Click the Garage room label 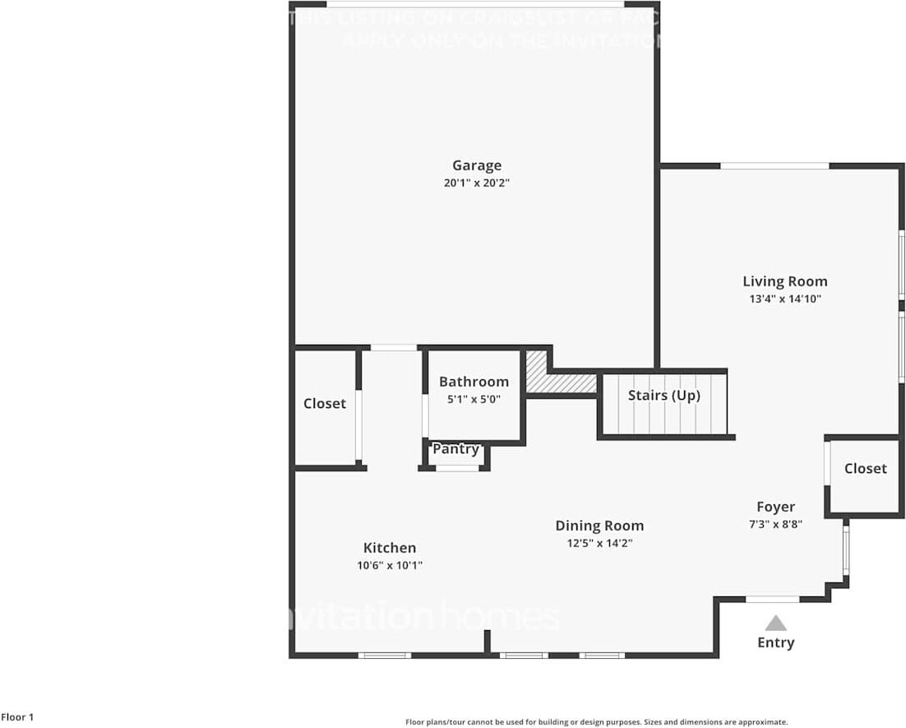tap(477, 166)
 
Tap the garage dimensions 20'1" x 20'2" tap(477, 183)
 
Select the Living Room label tap(785, 281)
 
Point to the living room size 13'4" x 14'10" tap(785, 299)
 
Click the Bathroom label tap(474, 382)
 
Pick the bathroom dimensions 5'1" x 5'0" tap(474, 399)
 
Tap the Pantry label tap(455, 449)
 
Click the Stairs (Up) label tap(664, 396)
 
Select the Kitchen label tap(390, 548)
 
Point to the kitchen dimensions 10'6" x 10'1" tap(390, 566)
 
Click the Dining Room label tap(599, 526)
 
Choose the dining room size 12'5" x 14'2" tap(599, 544)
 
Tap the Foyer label tap(776, 507)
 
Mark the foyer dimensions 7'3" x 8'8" tap(776, 524)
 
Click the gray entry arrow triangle tap(776, 624)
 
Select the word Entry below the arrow tap(776, 642)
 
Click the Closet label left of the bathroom tap(325, 404)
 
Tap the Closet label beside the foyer tap(866, 469)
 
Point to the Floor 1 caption tap(17, 717)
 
